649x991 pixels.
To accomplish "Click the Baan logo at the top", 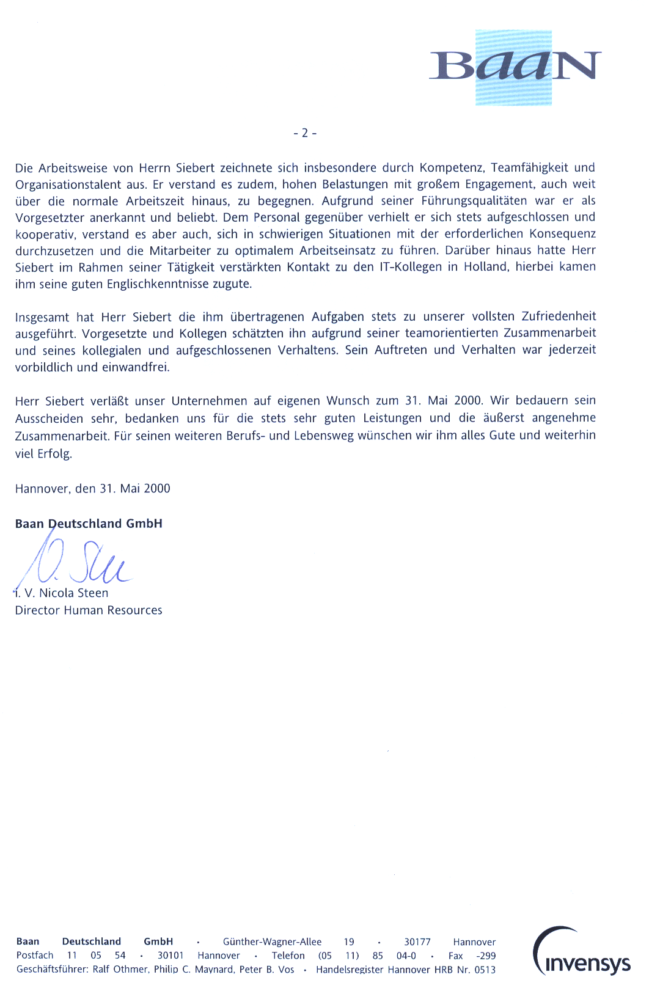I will pyautogui.click(x=515, y=67).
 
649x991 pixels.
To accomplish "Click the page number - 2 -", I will pyautogui.click(x=305, y=133).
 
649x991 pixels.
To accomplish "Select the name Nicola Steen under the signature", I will pyautogui.click(x=73, y=593).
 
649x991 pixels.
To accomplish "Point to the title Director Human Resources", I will pyautogui.click(x=89, y=610).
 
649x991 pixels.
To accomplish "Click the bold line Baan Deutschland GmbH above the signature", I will pyautogui.click(x=89, y=524).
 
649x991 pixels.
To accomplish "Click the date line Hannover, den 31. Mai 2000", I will pyautogui.click(x=92, y=489).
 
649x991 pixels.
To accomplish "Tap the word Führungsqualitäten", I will pyautogui.click(x=474, y=201).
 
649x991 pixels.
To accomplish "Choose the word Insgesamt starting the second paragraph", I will pyautogui.click(x=42, y=317).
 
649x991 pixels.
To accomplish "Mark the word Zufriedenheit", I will pyautogui.click(x=559, y=316).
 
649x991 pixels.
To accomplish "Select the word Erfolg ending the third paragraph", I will pyautogui.click(x=54, y=454).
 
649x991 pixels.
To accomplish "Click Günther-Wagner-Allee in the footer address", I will pyautogui.click(x=272, y=942).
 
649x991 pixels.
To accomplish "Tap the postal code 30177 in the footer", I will pyautogui.click(x=417, y=942).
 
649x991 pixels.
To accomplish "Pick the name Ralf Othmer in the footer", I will pyautogui.click(x=120, y=970).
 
